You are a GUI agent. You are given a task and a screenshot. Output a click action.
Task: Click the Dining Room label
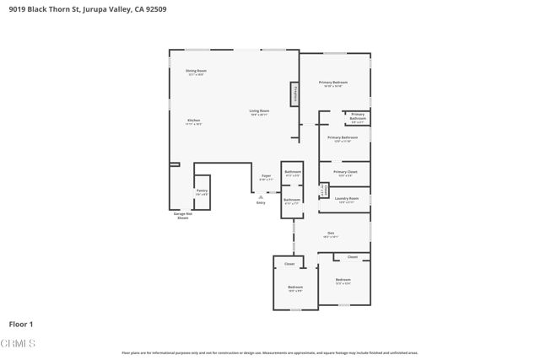[x=196, y=73]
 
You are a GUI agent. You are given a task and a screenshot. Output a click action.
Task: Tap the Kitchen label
[x=193, y=122]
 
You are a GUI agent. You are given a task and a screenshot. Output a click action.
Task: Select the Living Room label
[x=259, y=112]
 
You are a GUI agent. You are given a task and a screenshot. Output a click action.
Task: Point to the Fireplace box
[x=295, y=94]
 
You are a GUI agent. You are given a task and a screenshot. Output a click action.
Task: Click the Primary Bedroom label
[x=332, y=83]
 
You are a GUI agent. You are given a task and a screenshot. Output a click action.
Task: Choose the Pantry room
[x=202, y=192]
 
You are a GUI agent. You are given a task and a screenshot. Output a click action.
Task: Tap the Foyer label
[x=266, y=178]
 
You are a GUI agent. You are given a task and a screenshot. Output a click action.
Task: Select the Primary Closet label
[x=345, y=174]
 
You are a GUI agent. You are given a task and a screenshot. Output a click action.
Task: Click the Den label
[x=332, y=234]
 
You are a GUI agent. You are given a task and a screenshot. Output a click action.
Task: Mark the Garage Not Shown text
[x=183, y=216]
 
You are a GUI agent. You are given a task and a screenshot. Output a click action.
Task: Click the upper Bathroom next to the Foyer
[x=292, y=173]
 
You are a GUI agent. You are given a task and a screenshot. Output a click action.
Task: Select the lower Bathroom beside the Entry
[x=292, y=201]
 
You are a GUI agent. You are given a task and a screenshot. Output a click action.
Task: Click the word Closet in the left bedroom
[x=289, y=264]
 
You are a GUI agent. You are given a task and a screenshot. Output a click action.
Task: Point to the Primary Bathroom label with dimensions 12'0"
[x=343, y=138]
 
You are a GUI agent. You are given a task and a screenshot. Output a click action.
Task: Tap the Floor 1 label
[x=20, y=324]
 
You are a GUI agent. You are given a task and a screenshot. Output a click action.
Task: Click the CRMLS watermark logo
[x=18, y=344]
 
